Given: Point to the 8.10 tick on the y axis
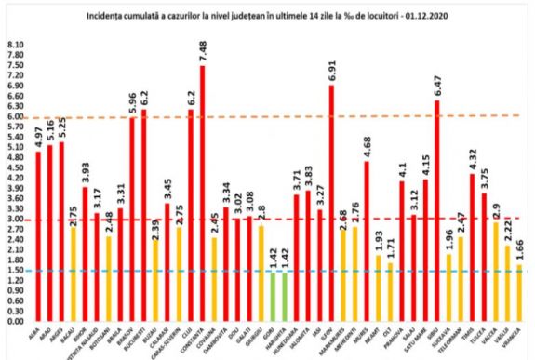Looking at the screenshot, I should click(15, 45).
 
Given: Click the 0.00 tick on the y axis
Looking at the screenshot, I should click(15, 322).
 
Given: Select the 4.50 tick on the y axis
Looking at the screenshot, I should click(15, 167).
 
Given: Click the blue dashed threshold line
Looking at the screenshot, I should click(279, 271).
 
